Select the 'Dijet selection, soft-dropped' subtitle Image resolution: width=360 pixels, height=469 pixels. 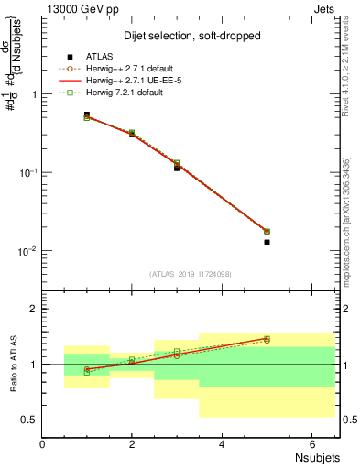pyautogui.click(x=191, y=36)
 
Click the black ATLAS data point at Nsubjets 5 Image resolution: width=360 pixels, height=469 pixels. pyautogui.click(x=267, y=242)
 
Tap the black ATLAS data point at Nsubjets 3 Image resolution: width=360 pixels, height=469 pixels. pyautogui.click(x=177, y=168)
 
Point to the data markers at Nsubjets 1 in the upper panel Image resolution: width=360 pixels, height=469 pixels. pyautogui.click(x=87, y=116)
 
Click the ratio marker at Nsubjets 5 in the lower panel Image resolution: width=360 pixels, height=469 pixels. pyautogui.click(x=267, y=339)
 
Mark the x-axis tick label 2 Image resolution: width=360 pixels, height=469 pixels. pyautogui.click(x=132, y=444)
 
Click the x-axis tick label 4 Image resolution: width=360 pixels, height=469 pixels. pyautogui.click(x=222, y=444)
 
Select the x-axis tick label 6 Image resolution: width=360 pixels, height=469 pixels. pyautogui.click(x=311, y=444)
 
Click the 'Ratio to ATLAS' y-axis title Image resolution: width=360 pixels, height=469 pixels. pyautogui.click(x=13, y=364)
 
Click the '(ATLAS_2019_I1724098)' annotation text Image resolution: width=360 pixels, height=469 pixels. pyautogui.click(x=191, y=273)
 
